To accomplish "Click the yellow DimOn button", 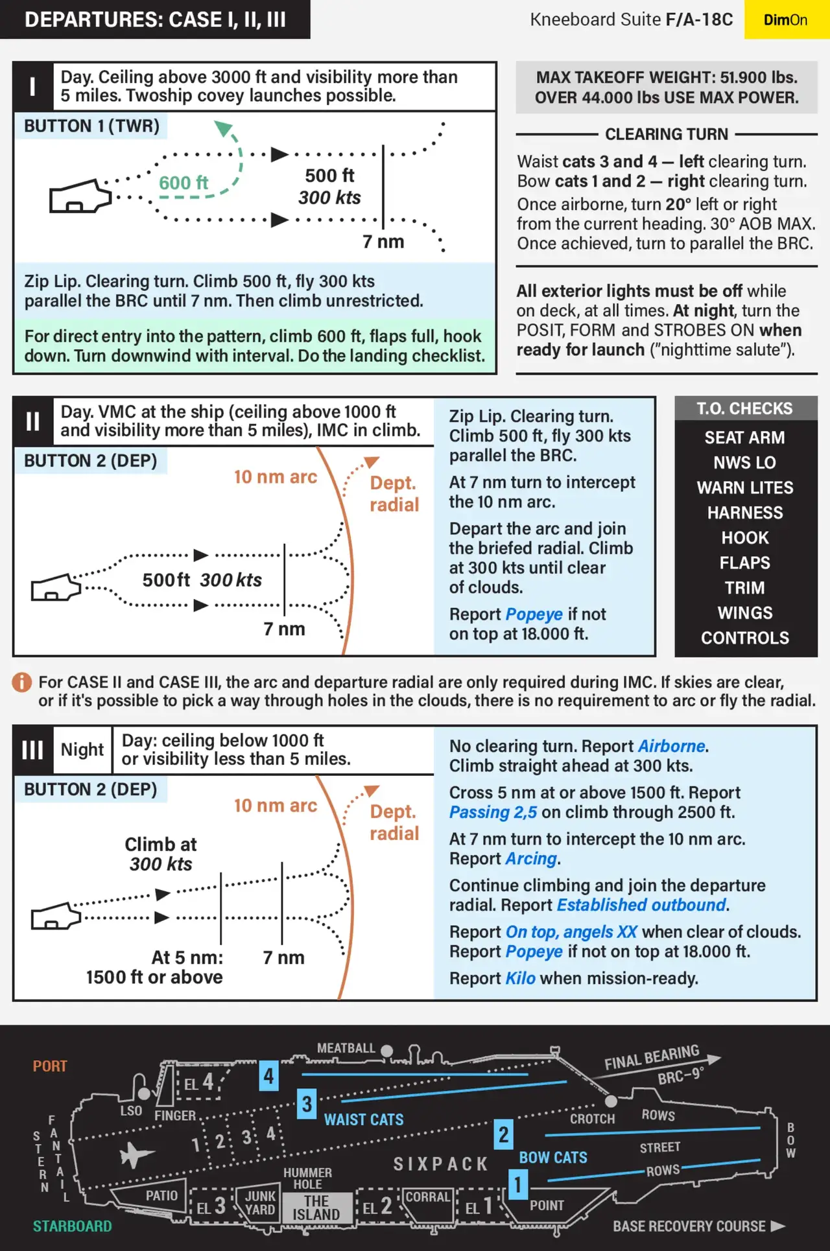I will coord(786,19).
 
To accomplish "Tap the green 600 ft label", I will coord(184,183).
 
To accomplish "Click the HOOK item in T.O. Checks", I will coord(745,538).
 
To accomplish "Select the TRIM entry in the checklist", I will coord(745,588).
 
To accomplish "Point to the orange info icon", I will coord(22,682).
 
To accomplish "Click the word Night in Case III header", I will coord(82,749).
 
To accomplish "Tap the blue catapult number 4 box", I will coord(269,1076).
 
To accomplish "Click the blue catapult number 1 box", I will coord(517,1184).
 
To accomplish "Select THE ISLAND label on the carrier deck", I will coord(316,1208).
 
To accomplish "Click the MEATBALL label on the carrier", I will coord(346,1048).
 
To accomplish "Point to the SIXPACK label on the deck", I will coord(441,1164).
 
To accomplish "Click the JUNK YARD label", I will coord(260,1202).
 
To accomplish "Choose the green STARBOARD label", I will coord(73,1226).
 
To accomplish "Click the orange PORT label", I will coord(50,1066).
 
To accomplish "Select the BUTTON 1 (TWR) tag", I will coord(91,126).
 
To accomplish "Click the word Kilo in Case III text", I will coord(520,978).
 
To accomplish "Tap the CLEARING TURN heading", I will coord(667,134).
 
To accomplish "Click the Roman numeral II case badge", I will coord(32,421).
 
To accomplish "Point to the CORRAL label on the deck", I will coord(427,1197).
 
